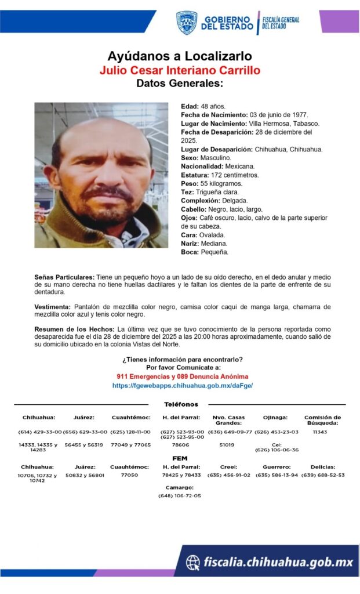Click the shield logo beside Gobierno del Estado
pyautogui.click(x=187, y=22)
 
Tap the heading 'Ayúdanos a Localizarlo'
pyautogui.click(x=180, y=56)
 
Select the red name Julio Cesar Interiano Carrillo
pyautogui.click(x=180, y=70)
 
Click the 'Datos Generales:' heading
pyautogui.click(x=180, y=84)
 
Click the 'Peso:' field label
pyautogui.click(x=190, y=183)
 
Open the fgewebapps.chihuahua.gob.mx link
pyautogui.click(x=183, y=385)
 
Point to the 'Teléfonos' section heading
pyautogui.click(x=181, y=404)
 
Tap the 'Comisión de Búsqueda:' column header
pyautogui.click(x=322, y=420)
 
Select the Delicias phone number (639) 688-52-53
pyautogui.click(x=323, y=475)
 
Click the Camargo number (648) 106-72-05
pyautogui.click(x=180, y=496)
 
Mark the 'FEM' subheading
pyautogui.click(x=180, y=458)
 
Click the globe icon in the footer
pyautogui.click(x=193, y=562)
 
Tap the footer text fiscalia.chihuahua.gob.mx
pyautogui.click(x=278, y=562)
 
